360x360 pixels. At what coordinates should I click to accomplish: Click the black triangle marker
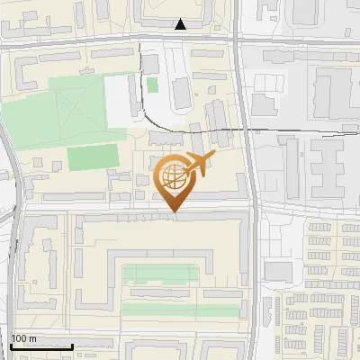[x=181, y=24]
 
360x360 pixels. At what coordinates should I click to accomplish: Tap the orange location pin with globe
[x=175, y=184]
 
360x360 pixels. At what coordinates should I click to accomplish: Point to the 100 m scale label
[x=23, y=338]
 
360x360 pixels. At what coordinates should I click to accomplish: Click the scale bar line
[x=41, y=346]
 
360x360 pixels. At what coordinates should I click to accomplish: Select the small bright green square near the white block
[x=152, y=85]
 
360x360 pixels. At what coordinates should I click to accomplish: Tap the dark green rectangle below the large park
[x=93, y=157]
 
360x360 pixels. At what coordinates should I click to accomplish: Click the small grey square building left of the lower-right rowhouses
[x=279, y=272]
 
